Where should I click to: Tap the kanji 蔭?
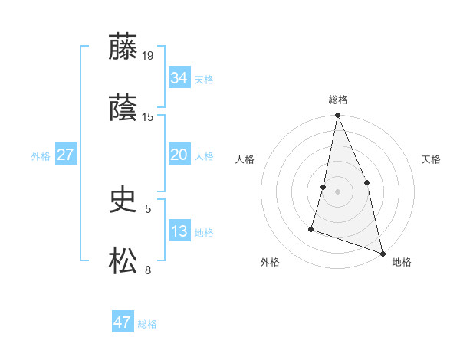click(x=123, y=108)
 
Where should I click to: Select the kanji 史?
click(x=123, y=200)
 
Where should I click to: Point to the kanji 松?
click(x=123, y=261)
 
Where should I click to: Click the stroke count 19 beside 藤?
click(x=149, y=55)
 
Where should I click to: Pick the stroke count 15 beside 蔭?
click(x=149, y=116)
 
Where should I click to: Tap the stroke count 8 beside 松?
click(x=148, y=270)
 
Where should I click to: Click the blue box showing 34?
click(x=179, y=78)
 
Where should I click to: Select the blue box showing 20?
click(x=179, y=155)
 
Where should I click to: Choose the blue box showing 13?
click(x=179, y=231)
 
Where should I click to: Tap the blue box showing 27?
click(x=65, y=155)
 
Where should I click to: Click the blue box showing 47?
click(x=123, y=322)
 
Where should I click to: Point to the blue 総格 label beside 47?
click(x=147, y=324)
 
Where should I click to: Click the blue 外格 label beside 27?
click(x=41, y=156)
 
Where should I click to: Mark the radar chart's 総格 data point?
click(x=337, y=116)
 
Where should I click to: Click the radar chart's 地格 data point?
click(x=383, y=252)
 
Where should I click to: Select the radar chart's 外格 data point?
click(x=311, y=228)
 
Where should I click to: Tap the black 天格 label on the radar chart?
click(x=432, y=159)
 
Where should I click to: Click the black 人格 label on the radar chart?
click(x=245, y=159)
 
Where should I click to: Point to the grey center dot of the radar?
click(x=337, y=191)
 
